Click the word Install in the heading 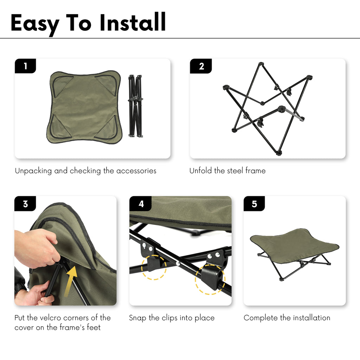click(133, 22)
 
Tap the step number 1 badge click(25, 66)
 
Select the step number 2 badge click(201, 66)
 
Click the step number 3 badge click(25, 204)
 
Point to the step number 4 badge click(141, 204)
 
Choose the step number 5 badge click(254, 204)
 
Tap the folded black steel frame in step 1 click(135, 106)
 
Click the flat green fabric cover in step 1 click(84, 107)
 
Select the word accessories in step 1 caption click(136, 171)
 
